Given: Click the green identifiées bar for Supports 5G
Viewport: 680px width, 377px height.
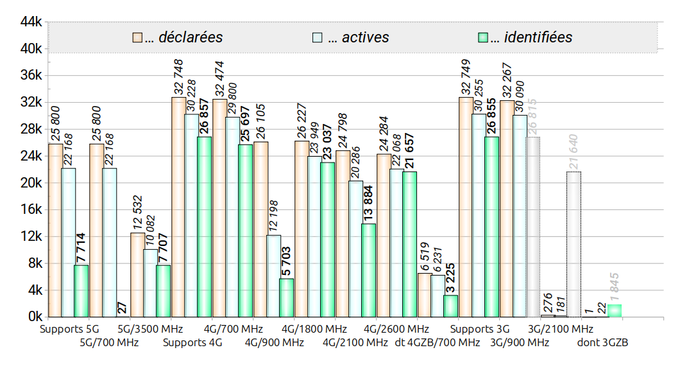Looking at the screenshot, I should pos(81,291).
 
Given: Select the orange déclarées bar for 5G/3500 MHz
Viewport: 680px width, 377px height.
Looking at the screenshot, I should pos(137,275).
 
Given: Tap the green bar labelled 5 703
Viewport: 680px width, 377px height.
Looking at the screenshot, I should pos(286,297).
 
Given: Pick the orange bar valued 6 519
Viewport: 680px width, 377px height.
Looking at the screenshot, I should pos(425,295).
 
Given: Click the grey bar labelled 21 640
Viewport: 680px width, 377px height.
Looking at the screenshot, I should pos(574,244).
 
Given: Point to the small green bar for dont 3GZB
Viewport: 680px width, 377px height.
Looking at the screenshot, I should pos(615,311).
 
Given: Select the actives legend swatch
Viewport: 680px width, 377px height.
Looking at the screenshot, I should pos(317,37).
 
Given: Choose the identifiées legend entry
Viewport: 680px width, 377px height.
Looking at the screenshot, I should pos(530,37).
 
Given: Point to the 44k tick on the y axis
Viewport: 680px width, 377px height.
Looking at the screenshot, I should pos(31,22).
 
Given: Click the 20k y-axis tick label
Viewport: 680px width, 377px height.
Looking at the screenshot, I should pos(31,183).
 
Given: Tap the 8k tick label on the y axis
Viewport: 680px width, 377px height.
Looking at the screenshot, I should pos(34,263).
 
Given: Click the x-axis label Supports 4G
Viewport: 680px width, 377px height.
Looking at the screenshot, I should pos(192,342).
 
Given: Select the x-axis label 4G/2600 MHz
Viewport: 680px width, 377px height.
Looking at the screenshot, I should pos(391,329).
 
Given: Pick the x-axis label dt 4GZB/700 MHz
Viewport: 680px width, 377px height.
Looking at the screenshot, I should pos(438,342).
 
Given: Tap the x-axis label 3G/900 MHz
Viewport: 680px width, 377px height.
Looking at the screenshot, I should pos(520,342).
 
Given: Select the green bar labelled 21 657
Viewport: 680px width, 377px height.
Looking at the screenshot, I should pos(409,244).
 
